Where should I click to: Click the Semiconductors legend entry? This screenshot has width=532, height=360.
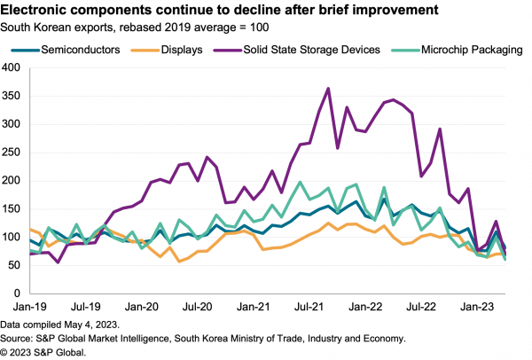[76, 50]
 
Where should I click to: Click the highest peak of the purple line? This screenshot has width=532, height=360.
[329, 89]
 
